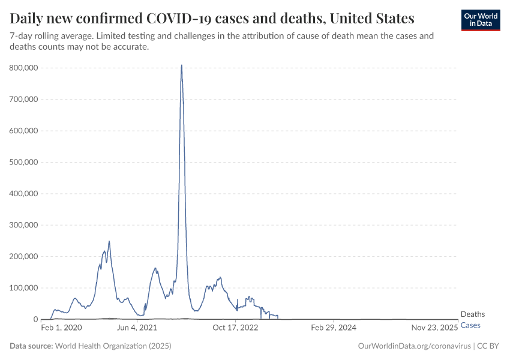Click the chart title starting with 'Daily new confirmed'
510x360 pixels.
[x=212, y=19]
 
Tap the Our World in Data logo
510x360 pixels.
[x=480, y=20]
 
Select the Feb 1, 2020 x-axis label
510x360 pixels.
[x=61, y=328]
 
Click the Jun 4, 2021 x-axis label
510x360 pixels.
[x=137, y=328]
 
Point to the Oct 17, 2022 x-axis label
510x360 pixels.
[x=235, y=328]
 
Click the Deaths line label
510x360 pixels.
[x=472, y=314]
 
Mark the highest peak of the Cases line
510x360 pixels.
[x=182, y=65]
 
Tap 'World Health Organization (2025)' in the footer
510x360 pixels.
[x=113, y=346]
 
